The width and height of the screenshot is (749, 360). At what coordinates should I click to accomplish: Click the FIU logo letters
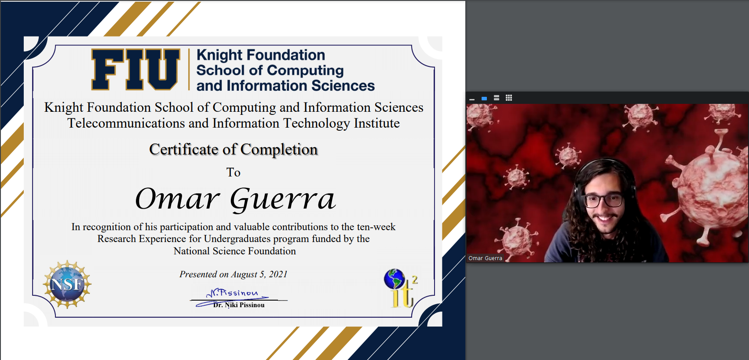[x=135, y=70]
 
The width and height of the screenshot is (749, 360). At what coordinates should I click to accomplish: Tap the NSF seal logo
[x=67, y=284]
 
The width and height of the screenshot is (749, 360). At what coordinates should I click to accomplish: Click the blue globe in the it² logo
[x=394, y=279]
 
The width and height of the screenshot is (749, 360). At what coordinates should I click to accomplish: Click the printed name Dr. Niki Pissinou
[x=239, y=305]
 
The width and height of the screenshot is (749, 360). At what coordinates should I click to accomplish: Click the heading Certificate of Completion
[x=234, y=149]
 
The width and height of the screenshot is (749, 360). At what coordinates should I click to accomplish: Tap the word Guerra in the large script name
[x=282, y=199]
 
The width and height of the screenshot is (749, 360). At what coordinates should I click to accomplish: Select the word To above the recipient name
[x=234, y=173]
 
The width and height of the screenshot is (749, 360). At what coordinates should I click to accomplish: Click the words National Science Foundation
[x=235, y=251]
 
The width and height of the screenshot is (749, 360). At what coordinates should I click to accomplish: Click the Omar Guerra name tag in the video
[x=485, y=258]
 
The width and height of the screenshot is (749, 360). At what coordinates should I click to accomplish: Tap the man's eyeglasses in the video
[x=603, y=200]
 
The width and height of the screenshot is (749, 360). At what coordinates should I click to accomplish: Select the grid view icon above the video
[x=508, y=98]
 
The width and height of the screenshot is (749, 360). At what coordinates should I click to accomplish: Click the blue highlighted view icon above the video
[x=484, y=99]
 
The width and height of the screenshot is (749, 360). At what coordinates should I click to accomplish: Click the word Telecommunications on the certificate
[x=126, y=124]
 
